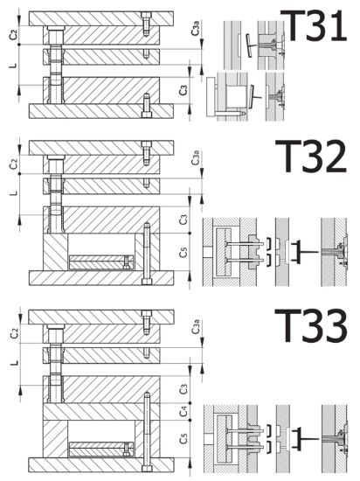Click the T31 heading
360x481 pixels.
click(314, 25)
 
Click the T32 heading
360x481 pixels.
click(311, 157)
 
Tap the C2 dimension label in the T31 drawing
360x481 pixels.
click(13, 34)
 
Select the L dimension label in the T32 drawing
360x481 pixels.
click(14, 193)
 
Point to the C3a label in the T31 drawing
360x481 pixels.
click(197, 27)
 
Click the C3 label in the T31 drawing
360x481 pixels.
click(183, 90)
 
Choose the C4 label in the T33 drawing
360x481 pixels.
click(183, 411)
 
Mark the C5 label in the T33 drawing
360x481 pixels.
click(183, 438)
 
